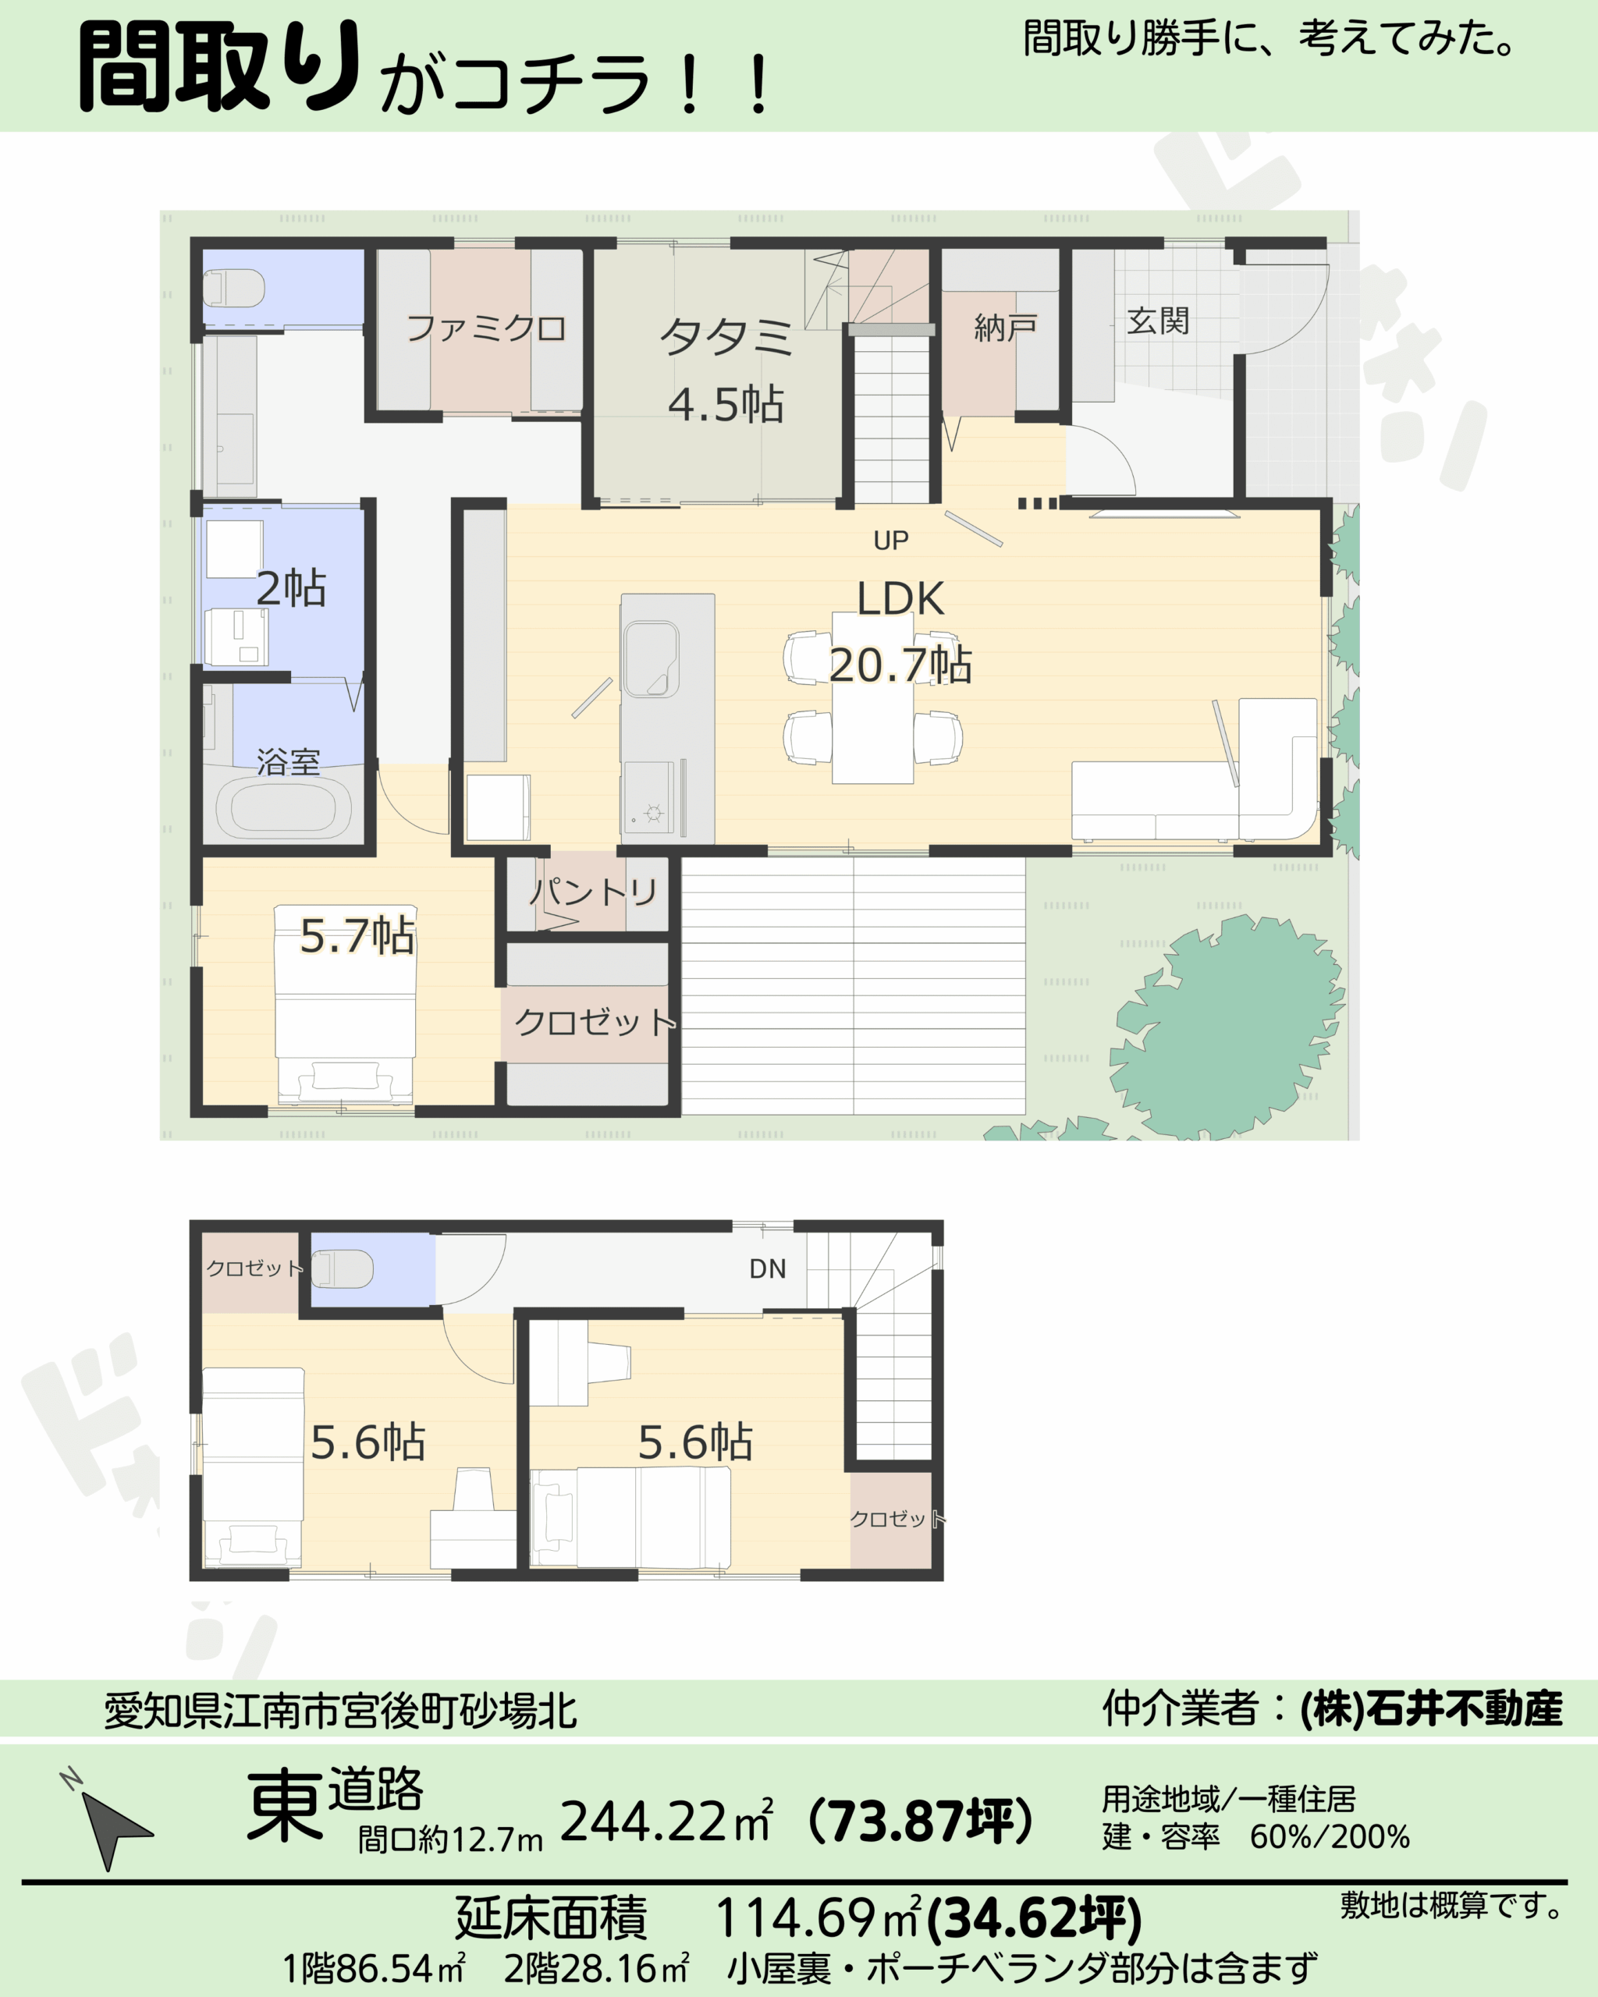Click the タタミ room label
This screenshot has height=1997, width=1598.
click(x=726, y=336)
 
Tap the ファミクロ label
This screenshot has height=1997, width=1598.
click(x=486, y=328)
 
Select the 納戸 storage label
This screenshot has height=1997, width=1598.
click(x=1005, y=327)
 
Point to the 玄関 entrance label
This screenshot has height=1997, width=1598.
click(x=1158, y=321)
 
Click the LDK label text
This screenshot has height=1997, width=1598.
click(x=900, y=598)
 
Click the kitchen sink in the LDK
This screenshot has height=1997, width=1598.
click(x=652, y=658)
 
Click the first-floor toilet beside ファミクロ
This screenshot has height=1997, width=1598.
click(x=233, y=287)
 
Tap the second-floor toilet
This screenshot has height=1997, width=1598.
click(x=342, y=1268)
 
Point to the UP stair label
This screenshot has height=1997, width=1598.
click(x=891, y=540)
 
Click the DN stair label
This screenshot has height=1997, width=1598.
click(x=768, y=1269)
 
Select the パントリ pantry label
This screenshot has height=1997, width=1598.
click(x=594, y=892)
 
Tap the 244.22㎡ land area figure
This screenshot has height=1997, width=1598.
click(x=667, y=1821)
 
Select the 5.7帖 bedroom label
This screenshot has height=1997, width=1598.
click(x=357, y=935)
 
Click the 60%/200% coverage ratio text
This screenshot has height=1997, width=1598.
click(x=1330, y=1836)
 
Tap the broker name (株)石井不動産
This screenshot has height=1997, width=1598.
click(x=1431, y=1709)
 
